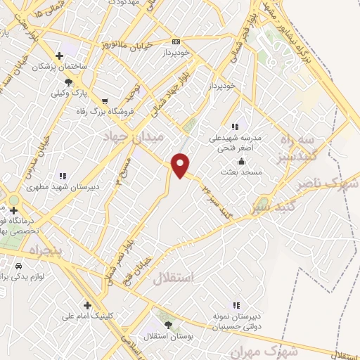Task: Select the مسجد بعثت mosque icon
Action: point(242,161)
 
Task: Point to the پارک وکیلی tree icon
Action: point(67,82)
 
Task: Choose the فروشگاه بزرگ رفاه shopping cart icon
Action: point(105,101)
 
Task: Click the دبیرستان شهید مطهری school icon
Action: point(63,176)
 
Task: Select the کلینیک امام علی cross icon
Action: point(87,305)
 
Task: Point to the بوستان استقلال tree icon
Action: point(168,324)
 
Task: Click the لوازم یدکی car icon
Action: point(18,266)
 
